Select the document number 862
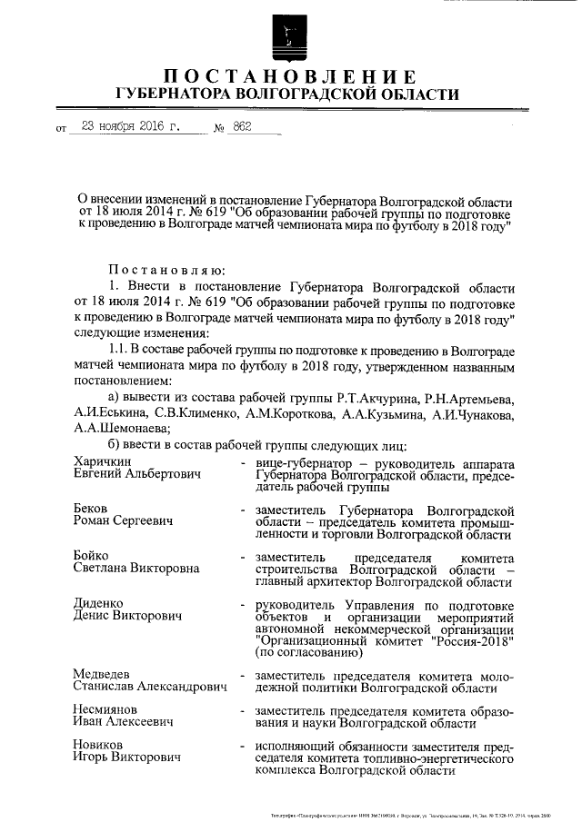point(243,127)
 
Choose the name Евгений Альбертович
point(136,475)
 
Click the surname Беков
point(92,509)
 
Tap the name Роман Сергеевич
point(124,522)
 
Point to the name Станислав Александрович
point(149,688)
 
